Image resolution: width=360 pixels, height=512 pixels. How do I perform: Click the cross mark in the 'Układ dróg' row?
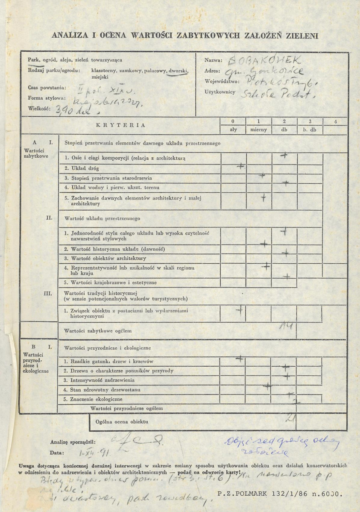tap(241, 166)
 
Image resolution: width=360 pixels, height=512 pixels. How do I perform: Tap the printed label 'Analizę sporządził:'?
tap(72, 443)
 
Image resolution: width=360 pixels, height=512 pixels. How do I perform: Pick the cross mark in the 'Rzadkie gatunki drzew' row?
tap(239, 359)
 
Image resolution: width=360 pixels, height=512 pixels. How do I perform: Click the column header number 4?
tap(336, 121)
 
